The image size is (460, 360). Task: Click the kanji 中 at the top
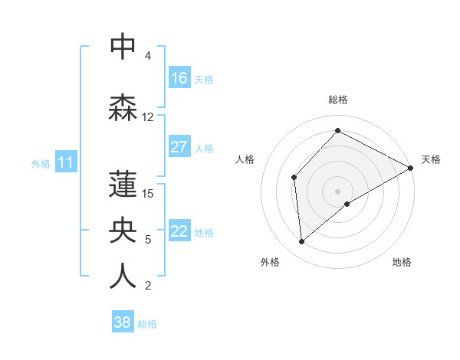(123, 47)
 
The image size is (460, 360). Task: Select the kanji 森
(123, 107)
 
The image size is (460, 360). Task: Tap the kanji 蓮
(123, 184)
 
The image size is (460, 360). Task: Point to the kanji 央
(123, 230)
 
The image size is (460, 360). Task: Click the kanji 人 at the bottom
(123, 276)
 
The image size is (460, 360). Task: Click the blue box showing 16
(179, 78)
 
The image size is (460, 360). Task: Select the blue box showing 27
(179, 147)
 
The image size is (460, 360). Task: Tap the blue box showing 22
(179, 231)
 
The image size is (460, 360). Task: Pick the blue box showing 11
(66, 162)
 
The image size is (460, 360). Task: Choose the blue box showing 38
(123, 322)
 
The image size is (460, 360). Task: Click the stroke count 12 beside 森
(148, 117)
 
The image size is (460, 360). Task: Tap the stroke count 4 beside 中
(148, 56)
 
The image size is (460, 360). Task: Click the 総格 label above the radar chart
(338, 100)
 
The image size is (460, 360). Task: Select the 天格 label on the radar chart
(431, 159)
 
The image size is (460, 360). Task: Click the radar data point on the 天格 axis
(411, 168)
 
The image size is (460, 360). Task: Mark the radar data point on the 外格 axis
(302, 242)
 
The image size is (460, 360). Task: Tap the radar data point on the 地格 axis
(347, 204)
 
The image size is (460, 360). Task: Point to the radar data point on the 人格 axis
(294, 178)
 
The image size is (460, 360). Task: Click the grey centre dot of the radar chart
(338, 191)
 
